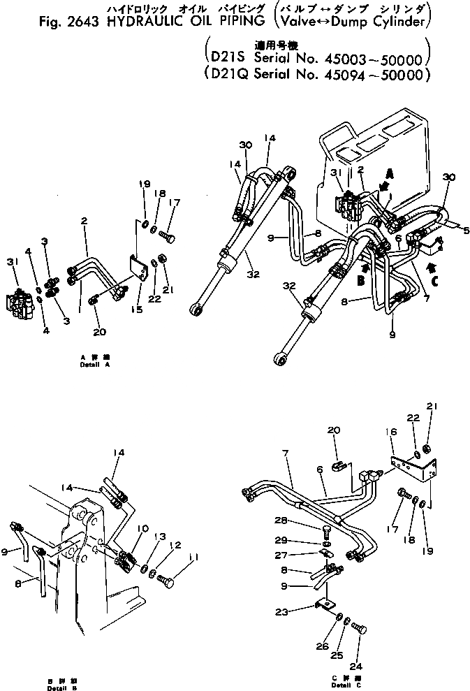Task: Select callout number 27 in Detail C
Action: (x=300, y=555)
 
